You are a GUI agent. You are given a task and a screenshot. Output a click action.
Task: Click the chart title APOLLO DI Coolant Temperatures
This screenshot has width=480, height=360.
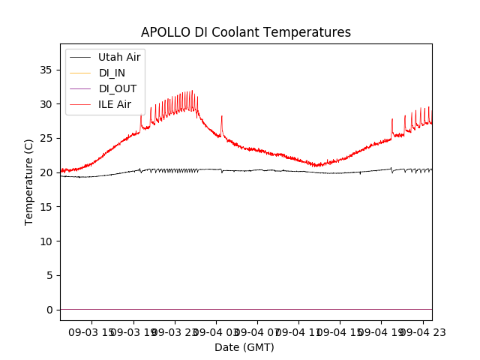(x=246, y=32)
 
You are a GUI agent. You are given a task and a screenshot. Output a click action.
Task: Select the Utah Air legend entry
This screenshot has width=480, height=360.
(x=119, y=57)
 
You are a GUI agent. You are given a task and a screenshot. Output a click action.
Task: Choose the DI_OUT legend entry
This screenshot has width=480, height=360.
(x=118, y=88)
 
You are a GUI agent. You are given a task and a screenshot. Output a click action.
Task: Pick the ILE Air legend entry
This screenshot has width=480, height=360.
(x=115, y=104)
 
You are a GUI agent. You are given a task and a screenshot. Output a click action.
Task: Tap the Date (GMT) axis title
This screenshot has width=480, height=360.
(x=244, y=347)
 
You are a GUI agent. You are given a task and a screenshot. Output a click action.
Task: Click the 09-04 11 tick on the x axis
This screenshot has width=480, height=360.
(x=298, y=331)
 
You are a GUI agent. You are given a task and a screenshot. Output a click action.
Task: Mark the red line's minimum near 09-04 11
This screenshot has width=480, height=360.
(x=317, y=166)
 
